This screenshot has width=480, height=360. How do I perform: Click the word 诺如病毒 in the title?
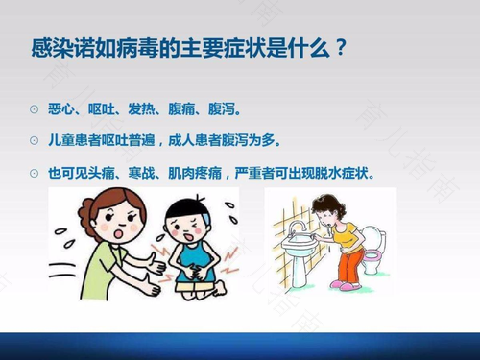click(x=106, y=48)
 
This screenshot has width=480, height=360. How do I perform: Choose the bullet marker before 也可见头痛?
click(x=35, y=175)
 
